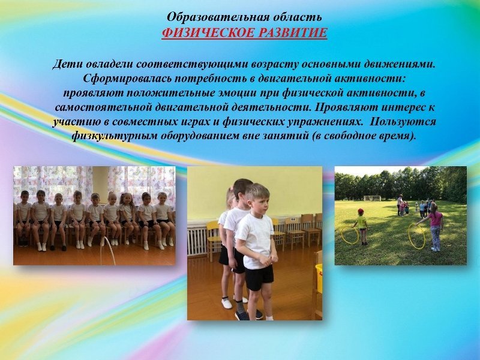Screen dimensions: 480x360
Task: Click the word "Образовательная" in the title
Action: pos(214,17)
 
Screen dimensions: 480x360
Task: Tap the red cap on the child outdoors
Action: pos(361,211)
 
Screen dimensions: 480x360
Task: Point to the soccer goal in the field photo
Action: pos(372,198)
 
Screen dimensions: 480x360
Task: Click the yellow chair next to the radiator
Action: pos(214,239)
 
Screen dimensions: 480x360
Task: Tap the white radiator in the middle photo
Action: pos(199,241)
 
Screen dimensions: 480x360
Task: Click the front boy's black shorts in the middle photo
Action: pos(259,278)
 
